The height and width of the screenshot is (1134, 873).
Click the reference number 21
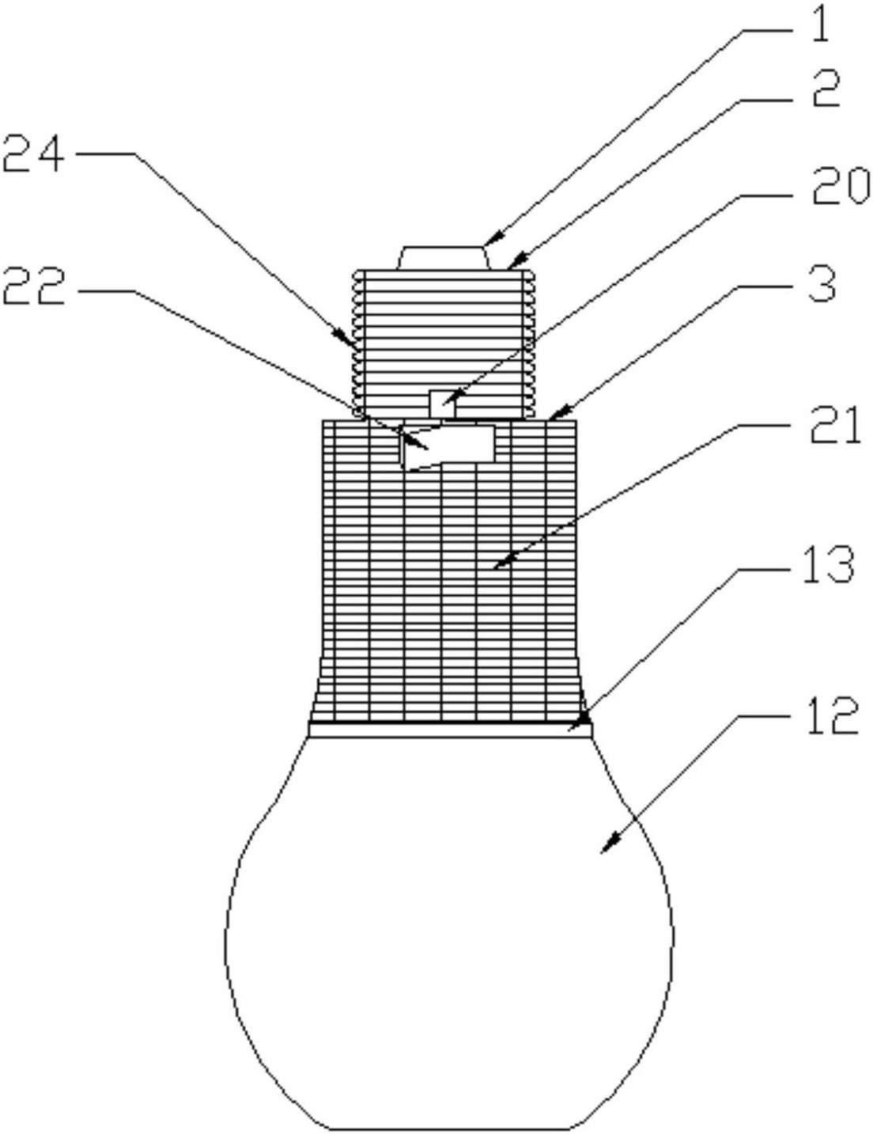pyautogui.click(x=830, y=426)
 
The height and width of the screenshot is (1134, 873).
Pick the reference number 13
pyautogui.click(x=826, y=565)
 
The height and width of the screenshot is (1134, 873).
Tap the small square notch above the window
pyautogui.click(x=442, y=404)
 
